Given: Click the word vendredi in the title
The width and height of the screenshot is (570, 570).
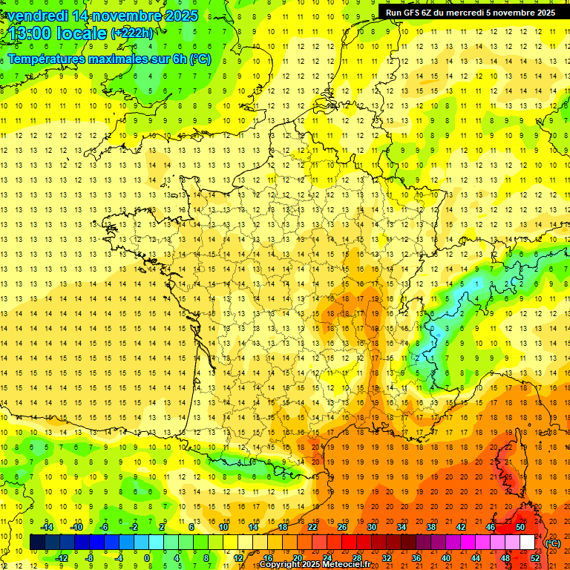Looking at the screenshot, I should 36,16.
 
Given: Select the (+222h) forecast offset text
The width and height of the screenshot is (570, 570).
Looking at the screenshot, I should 132,33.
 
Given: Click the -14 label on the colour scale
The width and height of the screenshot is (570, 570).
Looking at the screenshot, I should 48,527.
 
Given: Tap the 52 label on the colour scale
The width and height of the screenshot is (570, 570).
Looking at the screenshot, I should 535,557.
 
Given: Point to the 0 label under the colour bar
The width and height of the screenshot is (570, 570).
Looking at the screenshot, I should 146,557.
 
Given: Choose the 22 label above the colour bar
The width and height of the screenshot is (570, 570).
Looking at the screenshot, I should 312,527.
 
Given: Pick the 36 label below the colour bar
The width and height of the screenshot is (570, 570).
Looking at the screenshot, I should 416,557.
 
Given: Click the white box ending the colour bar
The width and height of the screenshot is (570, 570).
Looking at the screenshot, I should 527,543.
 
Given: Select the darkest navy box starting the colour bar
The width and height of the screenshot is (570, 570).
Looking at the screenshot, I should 37,543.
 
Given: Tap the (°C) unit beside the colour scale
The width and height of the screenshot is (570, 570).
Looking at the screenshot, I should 553,543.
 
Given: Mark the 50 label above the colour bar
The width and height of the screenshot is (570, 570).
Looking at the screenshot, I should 520,527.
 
